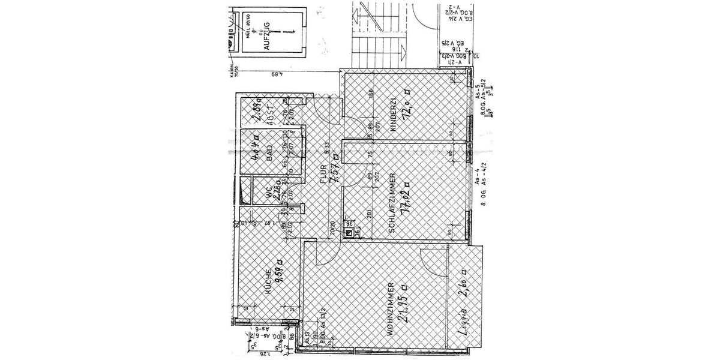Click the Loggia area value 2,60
pyautogui.click(x=463, y=285)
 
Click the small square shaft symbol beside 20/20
pyautogui.click(x=348, y=227)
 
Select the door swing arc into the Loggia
pyautogui.click(x=431, y=260)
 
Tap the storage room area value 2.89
pyautogui.click(x=257, y=110)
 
